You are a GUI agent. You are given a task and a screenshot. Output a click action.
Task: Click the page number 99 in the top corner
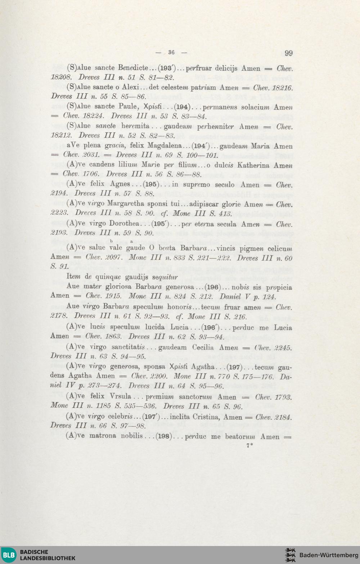tap(288, 53)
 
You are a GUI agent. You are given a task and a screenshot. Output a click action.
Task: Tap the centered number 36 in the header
tap(171, 52)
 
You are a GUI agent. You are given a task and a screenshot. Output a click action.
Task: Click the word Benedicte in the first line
tap(133, 68)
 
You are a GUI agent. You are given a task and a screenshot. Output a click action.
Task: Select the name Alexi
tap(130, 87)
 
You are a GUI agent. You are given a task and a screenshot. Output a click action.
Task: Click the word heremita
tap(135, 126)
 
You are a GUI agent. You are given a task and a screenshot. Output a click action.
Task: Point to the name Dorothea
tap(124, 224)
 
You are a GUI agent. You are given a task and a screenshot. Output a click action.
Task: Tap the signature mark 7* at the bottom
tap(249, 446)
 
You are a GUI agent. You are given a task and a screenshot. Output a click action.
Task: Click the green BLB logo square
tap(9, 555)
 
